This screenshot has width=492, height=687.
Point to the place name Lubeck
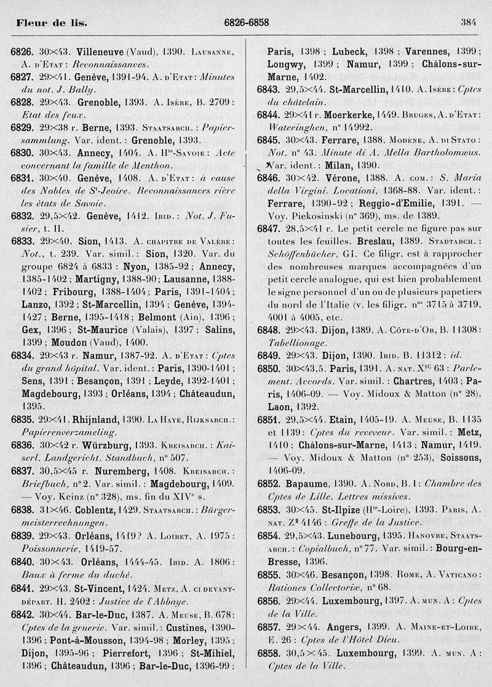351,52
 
